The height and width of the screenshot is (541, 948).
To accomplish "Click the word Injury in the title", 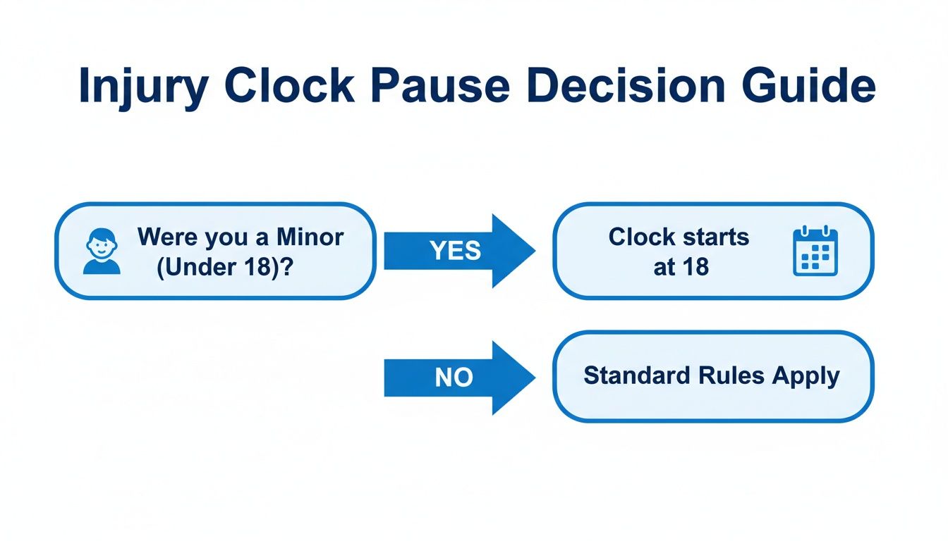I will coord(142,87).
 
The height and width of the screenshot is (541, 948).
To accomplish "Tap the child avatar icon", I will coord(102,251).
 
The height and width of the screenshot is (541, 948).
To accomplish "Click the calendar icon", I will coord(815,251).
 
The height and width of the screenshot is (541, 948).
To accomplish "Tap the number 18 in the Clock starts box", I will coord(695,268).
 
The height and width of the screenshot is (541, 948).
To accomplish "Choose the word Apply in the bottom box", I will coord(806,375).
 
